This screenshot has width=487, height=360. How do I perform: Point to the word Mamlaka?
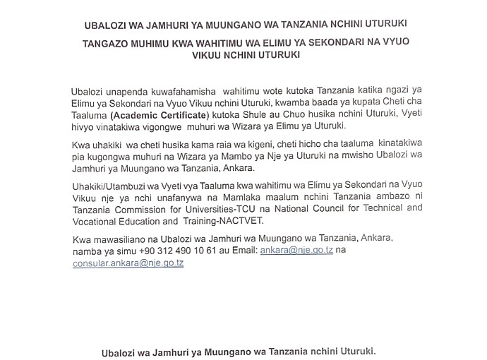258,197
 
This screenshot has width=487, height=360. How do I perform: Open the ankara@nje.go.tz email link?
296,251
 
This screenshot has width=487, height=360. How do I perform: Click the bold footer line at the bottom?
239,351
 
